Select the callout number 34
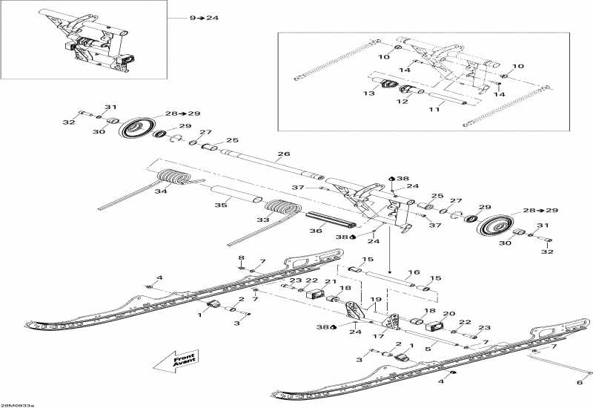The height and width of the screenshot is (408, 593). click(x=161, y=192)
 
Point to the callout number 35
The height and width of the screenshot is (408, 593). click(x=220, y=205)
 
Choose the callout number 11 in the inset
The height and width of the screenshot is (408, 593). click(x=434, y=110)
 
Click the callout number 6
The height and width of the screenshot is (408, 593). click(x=579, y=382)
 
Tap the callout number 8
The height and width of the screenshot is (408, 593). click(x=241, y=257)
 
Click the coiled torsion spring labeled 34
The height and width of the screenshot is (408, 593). click(x=175, y=179)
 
